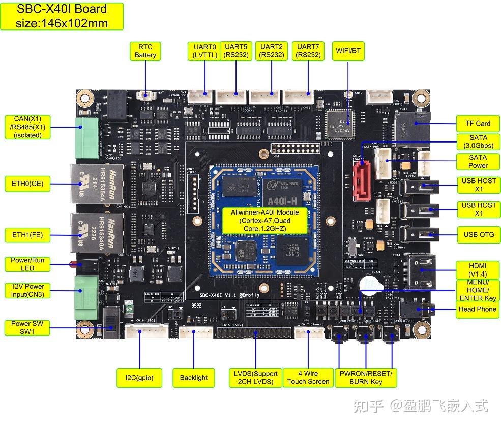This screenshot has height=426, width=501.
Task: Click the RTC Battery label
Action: coord(145,51)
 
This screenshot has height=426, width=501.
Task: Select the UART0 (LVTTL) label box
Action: coord(204,51)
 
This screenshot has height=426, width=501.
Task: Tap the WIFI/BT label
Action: coord(348,51)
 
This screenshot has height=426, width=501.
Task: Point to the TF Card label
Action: coord(478,123)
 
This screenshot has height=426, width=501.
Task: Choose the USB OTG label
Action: coord(478,234)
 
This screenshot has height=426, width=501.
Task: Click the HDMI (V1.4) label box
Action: coord(478,270)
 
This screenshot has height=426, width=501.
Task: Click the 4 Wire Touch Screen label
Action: coord(308,378)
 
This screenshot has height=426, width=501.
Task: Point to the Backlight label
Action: coord(194,378)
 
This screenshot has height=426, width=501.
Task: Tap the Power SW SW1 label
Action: coord(27,327)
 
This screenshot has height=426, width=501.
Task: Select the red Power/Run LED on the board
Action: coord(71,264)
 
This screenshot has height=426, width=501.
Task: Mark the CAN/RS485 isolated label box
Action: coord(27,127)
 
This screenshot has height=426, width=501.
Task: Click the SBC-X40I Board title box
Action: coord(62,16)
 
